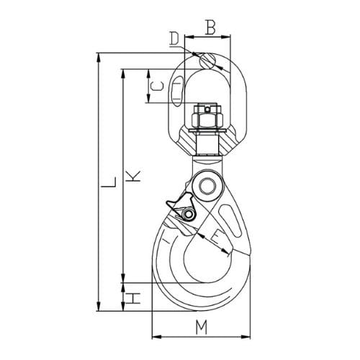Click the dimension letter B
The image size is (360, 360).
tap(210, 28)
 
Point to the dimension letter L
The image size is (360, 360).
tap(107, 189)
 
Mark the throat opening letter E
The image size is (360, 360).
tap(217, 237)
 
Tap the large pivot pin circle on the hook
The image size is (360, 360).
tap(210, 186)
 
